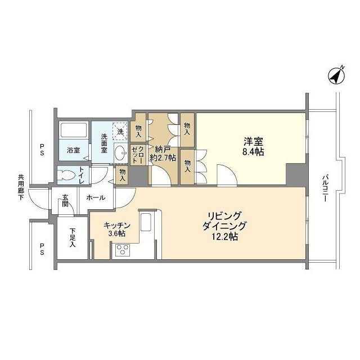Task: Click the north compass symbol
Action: pyautogui.click(x=336, y=76)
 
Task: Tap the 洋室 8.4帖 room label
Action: pyautogui.click(x=253, y=146)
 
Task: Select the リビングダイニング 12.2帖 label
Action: pyautogui.click(x=224, y=226)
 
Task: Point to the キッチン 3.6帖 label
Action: pyautogui.click(x=117, y=229)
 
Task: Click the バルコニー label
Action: pyautogui.click(x=325, y=188)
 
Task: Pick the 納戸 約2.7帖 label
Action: pyautogui.click(x=163, y=154)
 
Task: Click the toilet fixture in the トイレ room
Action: pyautogui.click(x=67, y=175)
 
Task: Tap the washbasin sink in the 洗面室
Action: pyautogui.click(x=120, y=152)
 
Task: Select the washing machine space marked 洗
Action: pyautogui.click(x=120, y=132)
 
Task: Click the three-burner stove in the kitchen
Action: pyautogui.click(x=122, y=250)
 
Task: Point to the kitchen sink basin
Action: pyautogui.click(x=146, y=222)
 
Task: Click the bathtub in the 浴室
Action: pyautogui.click(x=74, y=129)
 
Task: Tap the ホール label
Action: pyautogui.click(x=96, y=197)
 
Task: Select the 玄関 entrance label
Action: pyautogui.click(x=65, y=200)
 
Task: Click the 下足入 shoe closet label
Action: pyautogui.click(x=73, y=237)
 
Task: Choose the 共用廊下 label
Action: pyautogui.click(x=21, y=187)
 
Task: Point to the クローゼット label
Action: pyautogui.click(x=138, y=155)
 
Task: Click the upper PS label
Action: pyautogui.click(x=42, y=150)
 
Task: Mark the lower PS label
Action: pyautogui.click(x=42, y=249)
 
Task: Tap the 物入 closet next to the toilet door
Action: pyautogui.click(x=123, y=175)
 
